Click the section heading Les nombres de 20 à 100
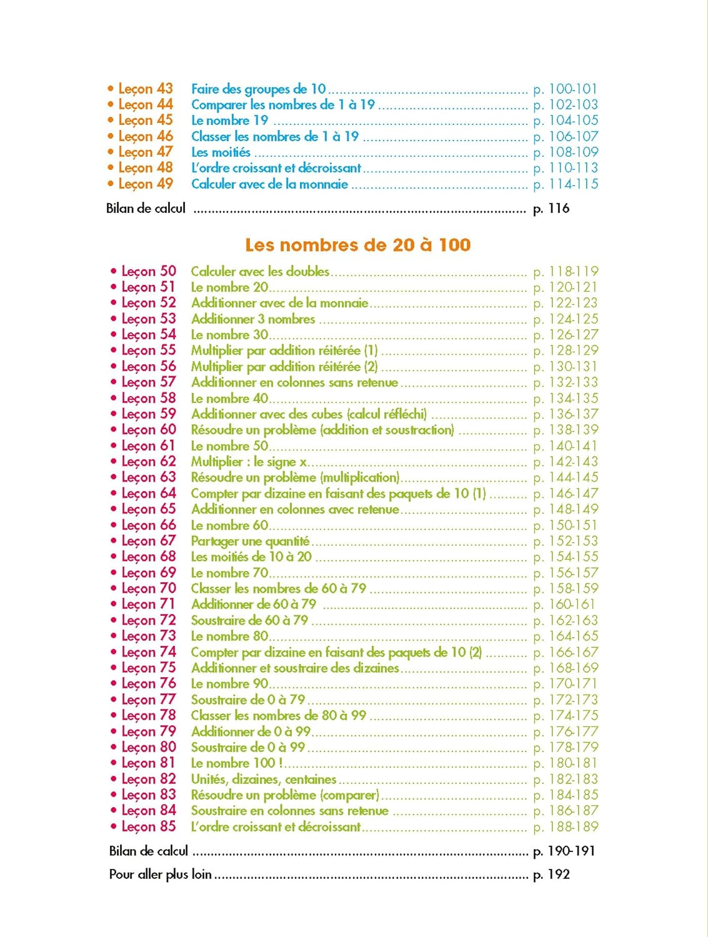coord(357,245)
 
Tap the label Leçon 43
coord(145,89)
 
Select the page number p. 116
coord(551,209)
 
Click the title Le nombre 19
coord(229,121)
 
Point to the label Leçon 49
coord(145,184)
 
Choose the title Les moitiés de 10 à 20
coord(251,557)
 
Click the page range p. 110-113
coord(566,168)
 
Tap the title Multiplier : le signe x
coord(249,462)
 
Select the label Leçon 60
coord(149,430)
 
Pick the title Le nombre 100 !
coord(237,763)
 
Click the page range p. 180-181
coord(566,763)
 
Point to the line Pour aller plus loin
coord(161,875)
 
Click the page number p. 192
coord(551,875)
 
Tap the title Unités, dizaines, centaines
coord(264,779)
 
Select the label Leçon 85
coord(149,826)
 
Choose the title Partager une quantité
coord(250,541)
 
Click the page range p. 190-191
coord(564,851)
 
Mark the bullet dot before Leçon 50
coord(114,271)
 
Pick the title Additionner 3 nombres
coord(253,319)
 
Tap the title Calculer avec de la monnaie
coord(269,184)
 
